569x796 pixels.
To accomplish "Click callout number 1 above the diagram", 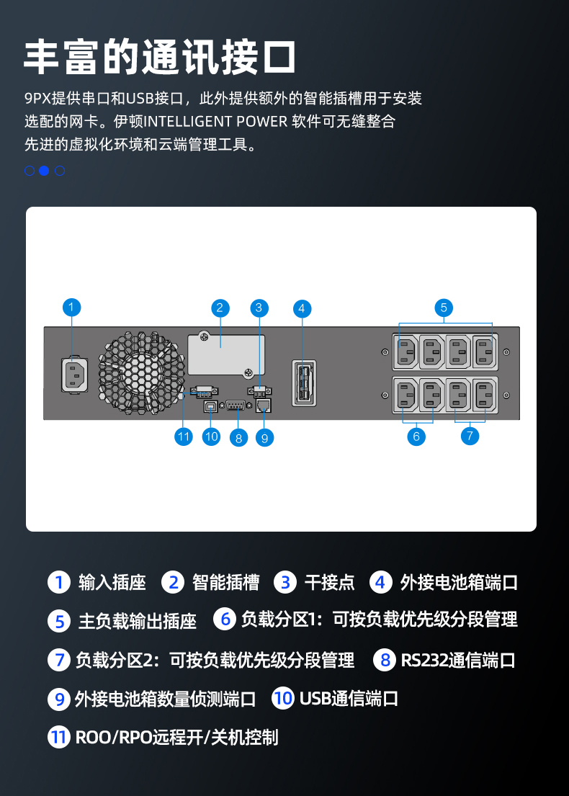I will click(x=71, y=308).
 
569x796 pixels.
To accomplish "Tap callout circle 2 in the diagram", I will click(x=220, y=308).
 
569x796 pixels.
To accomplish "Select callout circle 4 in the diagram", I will click(x=302, y=309).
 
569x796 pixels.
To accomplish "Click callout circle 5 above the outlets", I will click(x=444, y=308).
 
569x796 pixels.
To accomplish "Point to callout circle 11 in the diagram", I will click(x=184, y=436).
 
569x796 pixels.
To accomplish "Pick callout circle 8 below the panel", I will click(x=238, y=437).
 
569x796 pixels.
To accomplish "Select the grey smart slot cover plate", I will click(x=225, y=354).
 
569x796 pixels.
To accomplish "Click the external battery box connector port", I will click(x=303, y=383).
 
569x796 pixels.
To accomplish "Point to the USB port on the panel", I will click(x=211, y=407).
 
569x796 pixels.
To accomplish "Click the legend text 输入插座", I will click(x=112, y=583).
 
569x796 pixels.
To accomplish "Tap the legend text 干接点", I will click(x=329, y=583).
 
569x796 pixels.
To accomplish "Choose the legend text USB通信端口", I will click(x=349, y=698).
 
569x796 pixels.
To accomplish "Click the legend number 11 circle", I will click(x=58, y=737).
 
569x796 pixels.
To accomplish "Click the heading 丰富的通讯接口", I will click(x=160, y=57).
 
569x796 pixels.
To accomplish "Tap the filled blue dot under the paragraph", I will click(x=44, y=171).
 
